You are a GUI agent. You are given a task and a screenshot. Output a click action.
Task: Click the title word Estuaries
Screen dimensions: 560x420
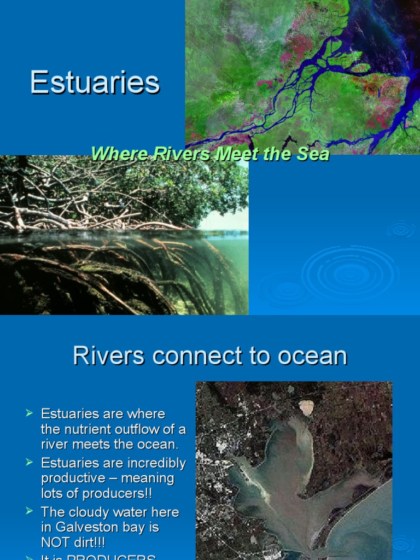tap(95, 83)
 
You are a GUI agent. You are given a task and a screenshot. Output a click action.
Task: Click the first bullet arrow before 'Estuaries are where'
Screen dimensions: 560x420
tap(30, 413)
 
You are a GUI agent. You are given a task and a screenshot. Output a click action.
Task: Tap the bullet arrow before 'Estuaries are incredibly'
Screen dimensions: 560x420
tap(30, 463)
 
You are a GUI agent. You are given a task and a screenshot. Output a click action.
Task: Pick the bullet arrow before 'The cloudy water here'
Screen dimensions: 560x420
tap(30, 512)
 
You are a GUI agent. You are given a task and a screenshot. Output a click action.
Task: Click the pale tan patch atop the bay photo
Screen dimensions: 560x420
tap(306, 407)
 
